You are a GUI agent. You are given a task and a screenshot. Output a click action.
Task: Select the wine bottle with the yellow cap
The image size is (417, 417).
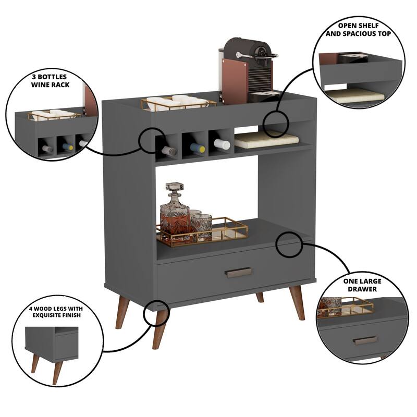[x=197, y=149]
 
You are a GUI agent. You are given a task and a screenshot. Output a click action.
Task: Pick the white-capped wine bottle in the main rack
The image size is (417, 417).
[x=222, y=144]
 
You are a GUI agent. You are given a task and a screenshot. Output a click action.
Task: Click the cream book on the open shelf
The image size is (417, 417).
[x=266, y=140]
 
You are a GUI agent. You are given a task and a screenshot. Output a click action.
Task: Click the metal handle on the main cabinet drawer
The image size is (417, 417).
[x=239, y=272]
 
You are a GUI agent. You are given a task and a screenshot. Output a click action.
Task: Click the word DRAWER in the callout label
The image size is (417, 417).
[x=362, y=289]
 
